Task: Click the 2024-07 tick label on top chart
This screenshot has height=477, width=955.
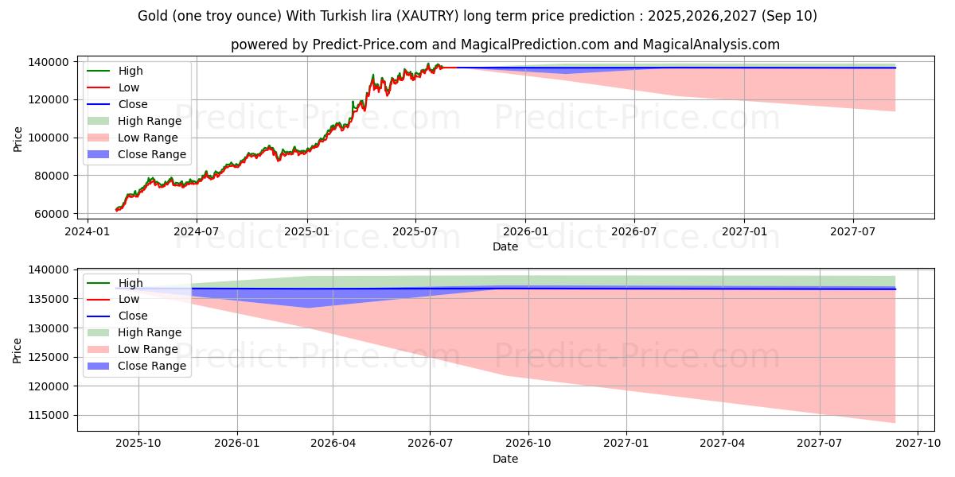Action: pyautogui.click(x=197, y=231)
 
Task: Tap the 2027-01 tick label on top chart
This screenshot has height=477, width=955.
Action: pyautogui.click(x=743, y=231)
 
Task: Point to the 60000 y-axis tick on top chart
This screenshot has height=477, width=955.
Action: pyautogui.click(x=52, y=214)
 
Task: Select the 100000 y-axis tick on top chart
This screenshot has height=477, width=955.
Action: pyautogui.click(x=49, y=138)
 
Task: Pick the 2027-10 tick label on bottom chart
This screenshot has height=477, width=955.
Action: pyautogui.click(x=918, y=444)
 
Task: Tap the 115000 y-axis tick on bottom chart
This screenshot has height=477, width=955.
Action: pyautogui.click(x=49, y=415)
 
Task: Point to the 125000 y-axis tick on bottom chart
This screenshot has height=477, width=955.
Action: pyautogui.click(x=49, y=357)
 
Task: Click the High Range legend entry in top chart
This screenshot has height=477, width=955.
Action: pyautogui.click(x=149, y=121)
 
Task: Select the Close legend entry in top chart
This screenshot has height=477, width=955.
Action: pyautogui.click(x=132, y=104)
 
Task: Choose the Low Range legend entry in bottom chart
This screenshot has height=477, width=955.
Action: pyautogui.click(x=147, y=349)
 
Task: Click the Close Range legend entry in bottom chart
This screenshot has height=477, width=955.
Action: pyautogui.click(x=151, y=366)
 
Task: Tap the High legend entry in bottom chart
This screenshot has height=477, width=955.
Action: pyautogui.click(x=131, y=283)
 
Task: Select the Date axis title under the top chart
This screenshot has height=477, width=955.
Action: pyautogui.click(x=505, y=246)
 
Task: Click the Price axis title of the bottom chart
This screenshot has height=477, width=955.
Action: pyautogui.click(x=18, y=350)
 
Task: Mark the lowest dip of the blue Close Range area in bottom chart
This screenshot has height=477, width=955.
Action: pyautogui.click(x=309, y=308)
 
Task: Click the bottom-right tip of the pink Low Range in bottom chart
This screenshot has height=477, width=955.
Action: pyautogui.click(x=895, y=422)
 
